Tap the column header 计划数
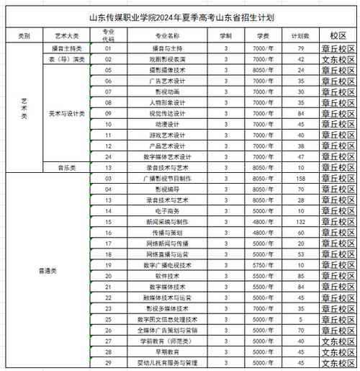[301, 35]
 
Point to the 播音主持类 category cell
[67, 48]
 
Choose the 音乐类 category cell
[67, 166]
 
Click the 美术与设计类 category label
[67, 113]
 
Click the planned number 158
[301, 177]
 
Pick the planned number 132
[301, 221]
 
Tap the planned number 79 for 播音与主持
[301, 48]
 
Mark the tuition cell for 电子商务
[261, 210]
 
